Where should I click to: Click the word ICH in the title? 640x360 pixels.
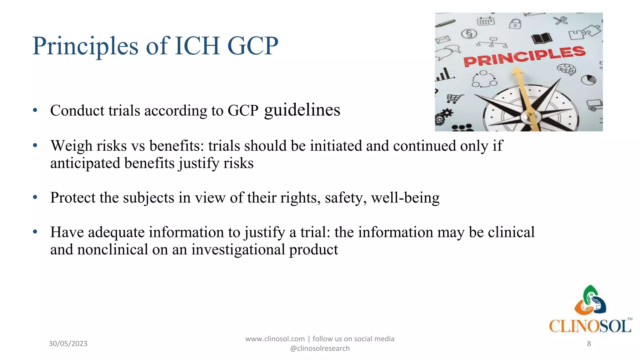pyautogui.click(x=197, y=46)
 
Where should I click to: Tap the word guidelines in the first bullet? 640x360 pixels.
pyautogui.click(x=302, y=110)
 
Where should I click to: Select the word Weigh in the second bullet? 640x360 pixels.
pyautogui.click(x=72, y=146)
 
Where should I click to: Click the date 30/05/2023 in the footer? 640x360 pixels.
pyautogui.click(x=68, y=343)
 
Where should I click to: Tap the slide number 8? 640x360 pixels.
pyautogui.click(x=589, y=343)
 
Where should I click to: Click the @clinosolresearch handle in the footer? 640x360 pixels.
pyautogui.click(x=320, y=348)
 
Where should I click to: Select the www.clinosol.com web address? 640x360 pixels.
pyautogui.click(x=275, y=339)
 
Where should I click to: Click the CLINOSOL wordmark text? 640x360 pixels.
pyautogui.click(x=590, y=326)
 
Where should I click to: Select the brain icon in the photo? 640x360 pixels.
pyautogui.click(x=566, y=69)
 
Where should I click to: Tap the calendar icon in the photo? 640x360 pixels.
pyautogui.click(x=486, y=21)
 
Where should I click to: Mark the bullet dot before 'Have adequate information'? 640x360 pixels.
pyautogui.click(x=35, y=232)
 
